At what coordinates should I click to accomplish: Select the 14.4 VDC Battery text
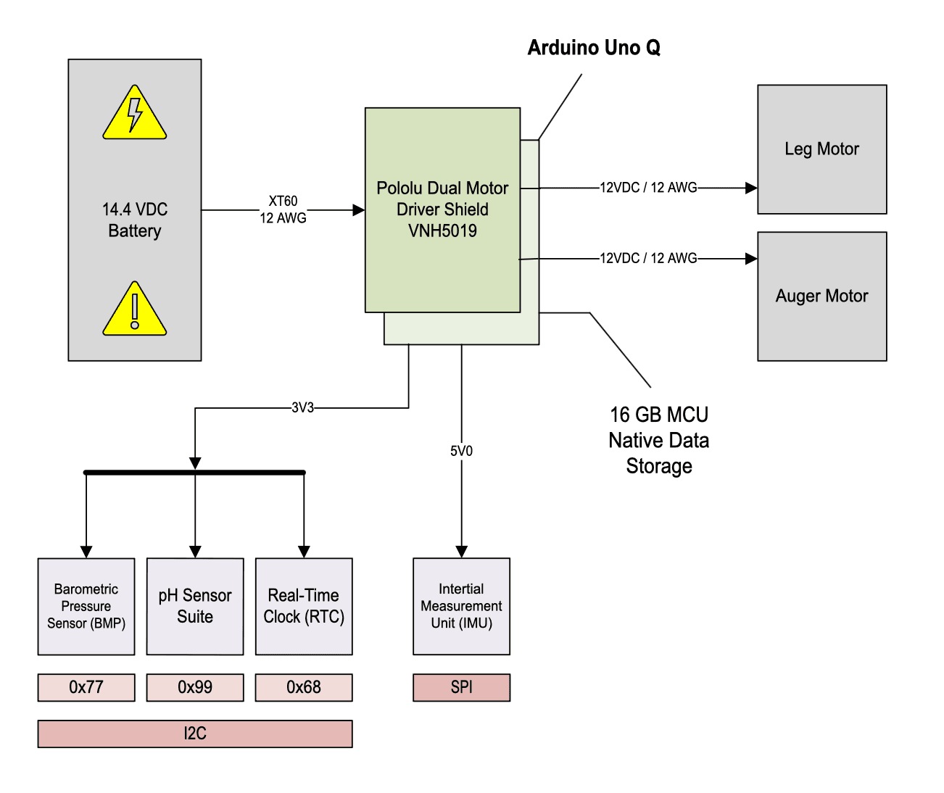point(135,220)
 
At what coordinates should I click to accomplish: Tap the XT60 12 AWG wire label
point(283,209)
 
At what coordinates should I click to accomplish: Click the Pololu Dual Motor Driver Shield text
point(442,209)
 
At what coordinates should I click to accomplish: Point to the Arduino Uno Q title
point(594,48)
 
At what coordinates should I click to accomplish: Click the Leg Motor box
point(821,149)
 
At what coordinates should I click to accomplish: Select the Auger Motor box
point(821,296)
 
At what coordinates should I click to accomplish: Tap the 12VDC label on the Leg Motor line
point(648,188)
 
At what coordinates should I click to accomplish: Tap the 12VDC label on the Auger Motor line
point(648,258)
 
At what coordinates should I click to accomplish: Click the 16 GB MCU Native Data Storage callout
point(658,440)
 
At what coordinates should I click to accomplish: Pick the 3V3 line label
point(302,408)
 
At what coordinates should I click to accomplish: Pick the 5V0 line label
point(461,451)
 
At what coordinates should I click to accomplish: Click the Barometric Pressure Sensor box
point(86,606)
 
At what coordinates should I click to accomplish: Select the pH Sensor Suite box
point(195,606)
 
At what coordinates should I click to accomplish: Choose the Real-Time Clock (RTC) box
point(304,606)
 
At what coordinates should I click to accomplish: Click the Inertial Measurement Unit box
point(461,606)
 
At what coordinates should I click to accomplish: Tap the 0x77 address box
point(86,687)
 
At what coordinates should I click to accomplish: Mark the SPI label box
point(461,687)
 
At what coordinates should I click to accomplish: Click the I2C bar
point(195,734)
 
